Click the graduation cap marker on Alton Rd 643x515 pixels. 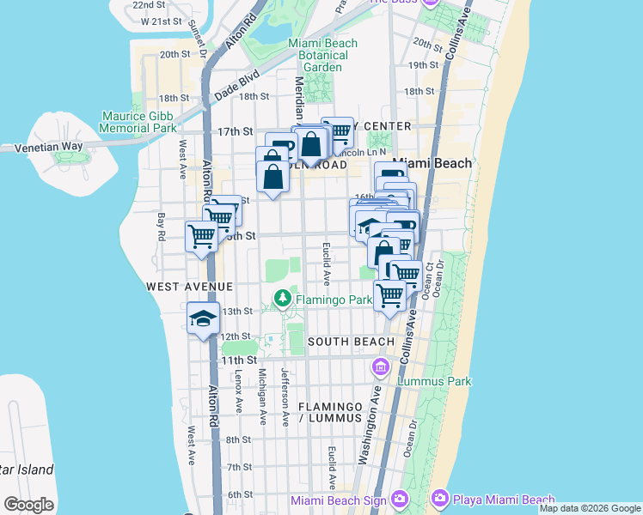[205, 318]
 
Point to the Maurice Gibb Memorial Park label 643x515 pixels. [138, 122]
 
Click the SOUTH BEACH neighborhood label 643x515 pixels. [351, 342]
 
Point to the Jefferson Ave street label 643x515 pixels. [285, 396]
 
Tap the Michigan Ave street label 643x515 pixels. [263, 397]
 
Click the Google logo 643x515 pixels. [28, 505]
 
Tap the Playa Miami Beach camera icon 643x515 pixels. [440, 499]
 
